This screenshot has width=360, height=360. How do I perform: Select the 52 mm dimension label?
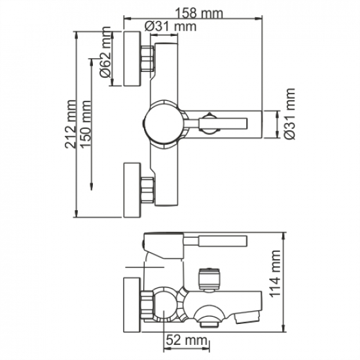(183, 340)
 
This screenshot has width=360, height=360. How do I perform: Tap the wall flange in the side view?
(134, 305)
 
